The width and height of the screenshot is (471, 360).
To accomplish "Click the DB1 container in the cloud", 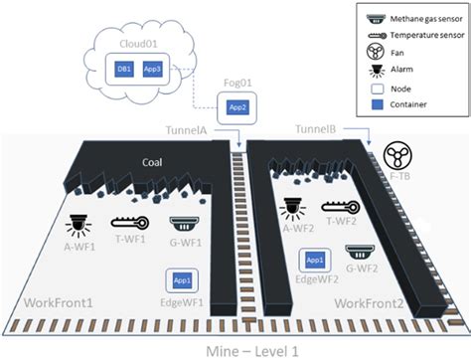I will pos(125,70).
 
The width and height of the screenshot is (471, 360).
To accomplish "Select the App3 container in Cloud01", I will pos(153,70).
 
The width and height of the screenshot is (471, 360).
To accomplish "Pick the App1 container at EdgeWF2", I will pos(314,260).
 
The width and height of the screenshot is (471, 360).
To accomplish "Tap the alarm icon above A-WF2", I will pos(291,206).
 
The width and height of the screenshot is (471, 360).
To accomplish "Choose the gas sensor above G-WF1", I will pos(183,224).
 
